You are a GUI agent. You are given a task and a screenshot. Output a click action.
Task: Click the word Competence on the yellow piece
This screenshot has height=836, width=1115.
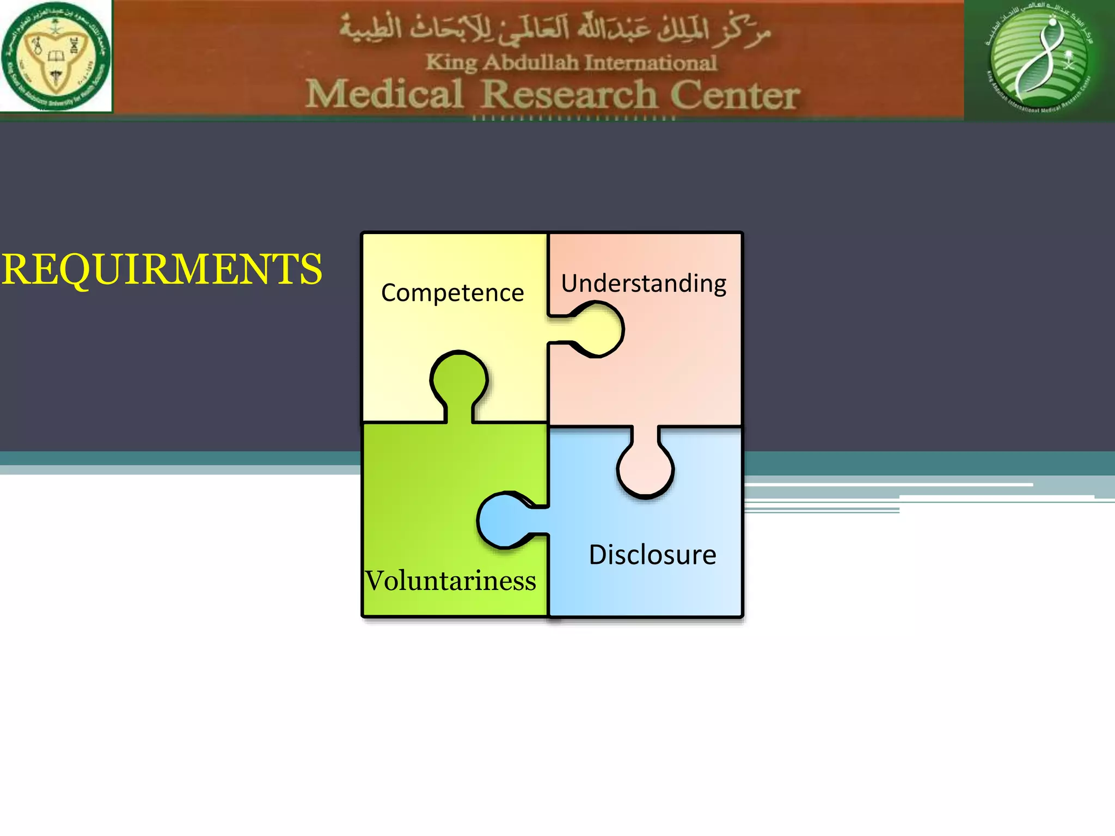pyautogui.click(x=452, y=293)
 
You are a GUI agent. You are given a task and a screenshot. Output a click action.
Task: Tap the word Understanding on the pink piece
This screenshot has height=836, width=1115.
pyautogui.click(x=644, y=284)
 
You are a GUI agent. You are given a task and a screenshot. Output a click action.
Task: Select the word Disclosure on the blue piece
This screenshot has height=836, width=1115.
pyautogui.click(x=652, y=555)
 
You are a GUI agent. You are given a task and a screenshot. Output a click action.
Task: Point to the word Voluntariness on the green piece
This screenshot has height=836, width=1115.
pyautogui.click(x=450, y=581)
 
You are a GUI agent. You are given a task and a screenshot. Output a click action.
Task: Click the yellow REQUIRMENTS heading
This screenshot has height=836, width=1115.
pyautogui.click(x=162, y=269)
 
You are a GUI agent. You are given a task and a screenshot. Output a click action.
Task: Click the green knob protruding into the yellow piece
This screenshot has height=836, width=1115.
pyautogui.click(x=459, y=381)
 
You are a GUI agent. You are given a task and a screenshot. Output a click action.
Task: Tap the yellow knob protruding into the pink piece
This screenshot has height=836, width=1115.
pyautogui.click(x=597, y=330)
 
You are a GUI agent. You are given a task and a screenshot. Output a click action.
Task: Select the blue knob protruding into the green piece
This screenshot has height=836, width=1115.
pyautogui.click(x=504, y=520)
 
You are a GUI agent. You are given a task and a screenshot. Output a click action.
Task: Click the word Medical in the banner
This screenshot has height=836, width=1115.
pyautogui.click(x=384, y=94)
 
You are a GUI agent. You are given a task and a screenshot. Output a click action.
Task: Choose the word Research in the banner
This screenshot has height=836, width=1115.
pyautogui.click(x=569, y=94)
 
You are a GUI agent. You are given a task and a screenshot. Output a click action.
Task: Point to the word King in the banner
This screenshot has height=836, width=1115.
pyautogui.click(x=451, y=63)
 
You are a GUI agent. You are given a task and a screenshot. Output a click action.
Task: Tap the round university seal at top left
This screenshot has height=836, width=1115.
pyautogui.click(x=56, y=56)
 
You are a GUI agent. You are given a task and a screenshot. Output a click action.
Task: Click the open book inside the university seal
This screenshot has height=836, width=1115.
pyautogui.click(x=56, y=56)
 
